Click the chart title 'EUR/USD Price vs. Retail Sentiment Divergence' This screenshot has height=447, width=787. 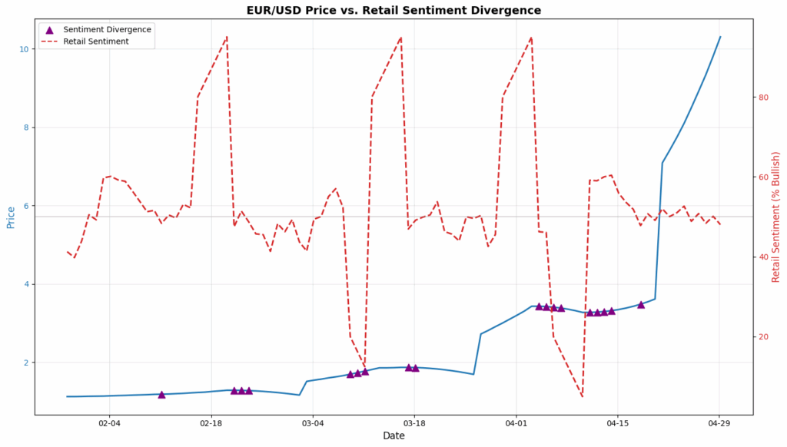coord(393,10)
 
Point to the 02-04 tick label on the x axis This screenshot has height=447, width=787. coord(109,423)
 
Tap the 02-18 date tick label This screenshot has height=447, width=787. coord(211,423)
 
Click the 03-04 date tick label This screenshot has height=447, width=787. coord(313,423)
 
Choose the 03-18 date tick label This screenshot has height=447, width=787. coord(414,423)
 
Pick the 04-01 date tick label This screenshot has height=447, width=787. coord(516,423)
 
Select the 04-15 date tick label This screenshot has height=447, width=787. coord(618,423)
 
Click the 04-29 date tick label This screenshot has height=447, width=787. coord(719,423)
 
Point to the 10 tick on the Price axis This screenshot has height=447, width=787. coord(23,49)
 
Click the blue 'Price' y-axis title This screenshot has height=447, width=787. coord(11,217)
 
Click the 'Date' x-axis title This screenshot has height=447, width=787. coord(393,436)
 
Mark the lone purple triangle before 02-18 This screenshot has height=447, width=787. coord(161,394)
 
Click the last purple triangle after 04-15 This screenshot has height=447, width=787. coord(641,304)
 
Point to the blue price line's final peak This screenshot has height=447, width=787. coord(720,36)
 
